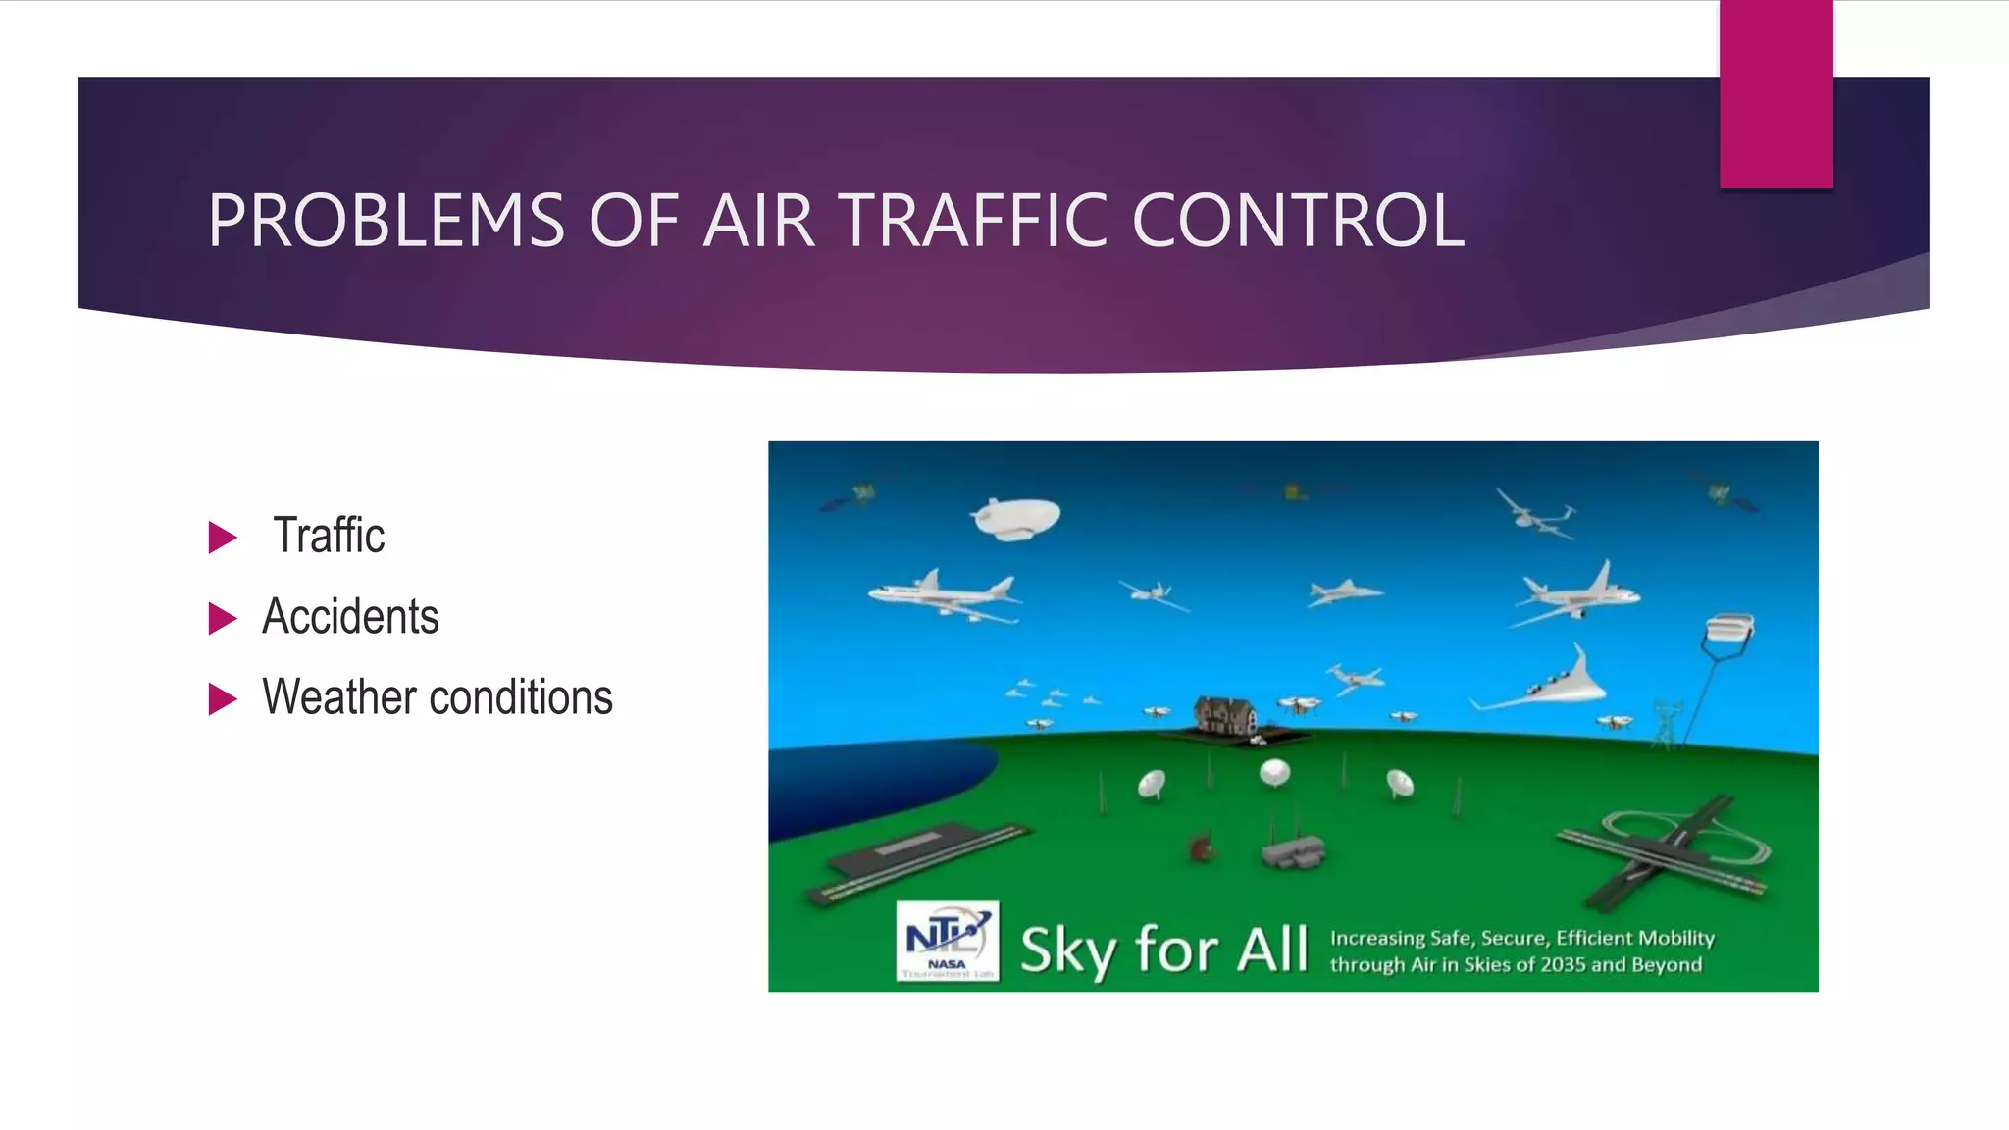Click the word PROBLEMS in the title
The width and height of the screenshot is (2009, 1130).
(386, 221)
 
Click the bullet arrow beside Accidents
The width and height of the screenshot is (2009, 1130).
(223, 618)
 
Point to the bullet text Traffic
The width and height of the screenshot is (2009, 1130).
(329, 536)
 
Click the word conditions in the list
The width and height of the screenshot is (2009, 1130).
(521, 697)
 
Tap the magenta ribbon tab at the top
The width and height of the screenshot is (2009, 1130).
(1776, 93)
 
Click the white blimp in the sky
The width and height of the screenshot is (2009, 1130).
(1016, 517)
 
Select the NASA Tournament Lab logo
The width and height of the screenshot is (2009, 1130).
(948, 941)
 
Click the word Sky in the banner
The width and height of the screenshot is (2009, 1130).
(1068, 950)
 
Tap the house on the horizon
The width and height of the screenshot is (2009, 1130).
(1225, 715)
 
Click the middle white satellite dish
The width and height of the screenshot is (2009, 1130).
(1274, 773)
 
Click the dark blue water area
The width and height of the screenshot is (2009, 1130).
(863, 785)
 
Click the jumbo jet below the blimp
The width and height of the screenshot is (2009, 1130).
(943, 594)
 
